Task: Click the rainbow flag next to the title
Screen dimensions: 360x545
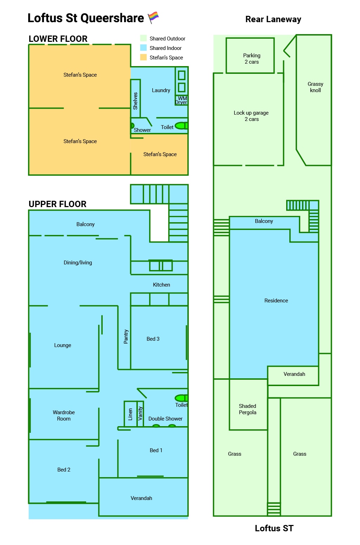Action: pos(153,18)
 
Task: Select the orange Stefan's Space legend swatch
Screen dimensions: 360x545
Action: pos(143,57)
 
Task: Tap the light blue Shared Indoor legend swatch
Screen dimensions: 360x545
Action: pos(143,48)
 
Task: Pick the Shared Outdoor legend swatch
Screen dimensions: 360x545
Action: pos(143,38)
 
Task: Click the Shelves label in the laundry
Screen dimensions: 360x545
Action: pos(135,101)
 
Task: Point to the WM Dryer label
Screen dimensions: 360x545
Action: pos(181,100)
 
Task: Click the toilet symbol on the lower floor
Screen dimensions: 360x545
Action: pos(181,126)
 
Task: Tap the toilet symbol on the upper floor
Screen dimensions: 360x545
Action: pos(181,398)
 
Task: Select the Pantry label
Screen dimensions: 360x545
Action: pos(126,336)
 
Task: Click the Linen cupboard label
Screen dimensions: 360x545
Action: pos(130,414)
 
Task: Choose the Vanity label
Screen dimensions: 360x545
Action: pos(140,413)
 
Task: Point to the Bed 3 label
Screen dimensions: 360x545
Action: pos(153,339)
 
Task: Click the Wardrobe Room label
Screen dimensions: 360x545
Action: pos(64,415)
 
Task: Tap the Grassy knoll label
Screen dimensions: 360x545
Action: pos(315,87)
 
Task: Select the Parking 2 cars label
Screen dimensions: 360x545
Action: pos(252,59)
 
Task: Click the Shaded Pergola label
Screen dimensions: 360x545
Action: pos(247,409)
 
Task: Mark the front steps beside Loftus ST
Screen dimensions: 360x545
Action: pos(274,509)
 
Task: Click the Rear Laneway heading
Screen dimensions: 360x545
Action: pos(273,19)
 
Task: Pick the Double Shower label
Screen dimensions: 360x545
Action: pos(165,418)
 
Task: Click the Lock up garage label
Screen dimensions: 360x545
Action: pos(251,116)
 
